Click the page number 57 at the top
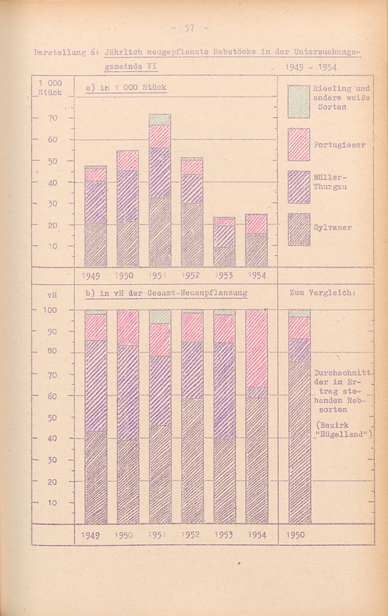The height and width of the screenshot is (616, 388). click(x=190, y=28)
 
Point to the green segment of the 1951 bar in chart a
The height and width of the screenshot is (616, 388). click(x=159, y=120)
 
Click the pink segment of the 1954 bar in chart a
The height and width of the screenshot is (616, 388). click(x=256, y=224)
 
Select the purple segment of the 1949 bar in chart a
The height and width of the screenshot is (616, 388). click(x=95, y=202)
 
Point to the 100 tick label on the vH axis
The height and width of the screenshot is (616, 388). click(x=50, y=310)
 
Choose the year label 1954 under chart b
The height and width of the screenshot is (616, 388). click(x=256, y=536)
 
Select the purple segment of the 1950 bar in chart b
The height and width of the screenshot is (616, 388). click(x=128, y=392)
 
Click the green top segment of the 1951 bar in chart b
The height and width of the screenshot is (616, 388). click(x=159, y=316)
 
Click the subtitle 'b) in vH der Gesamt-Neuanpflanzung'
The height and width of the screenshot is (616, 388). click(x=166, y=293)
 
